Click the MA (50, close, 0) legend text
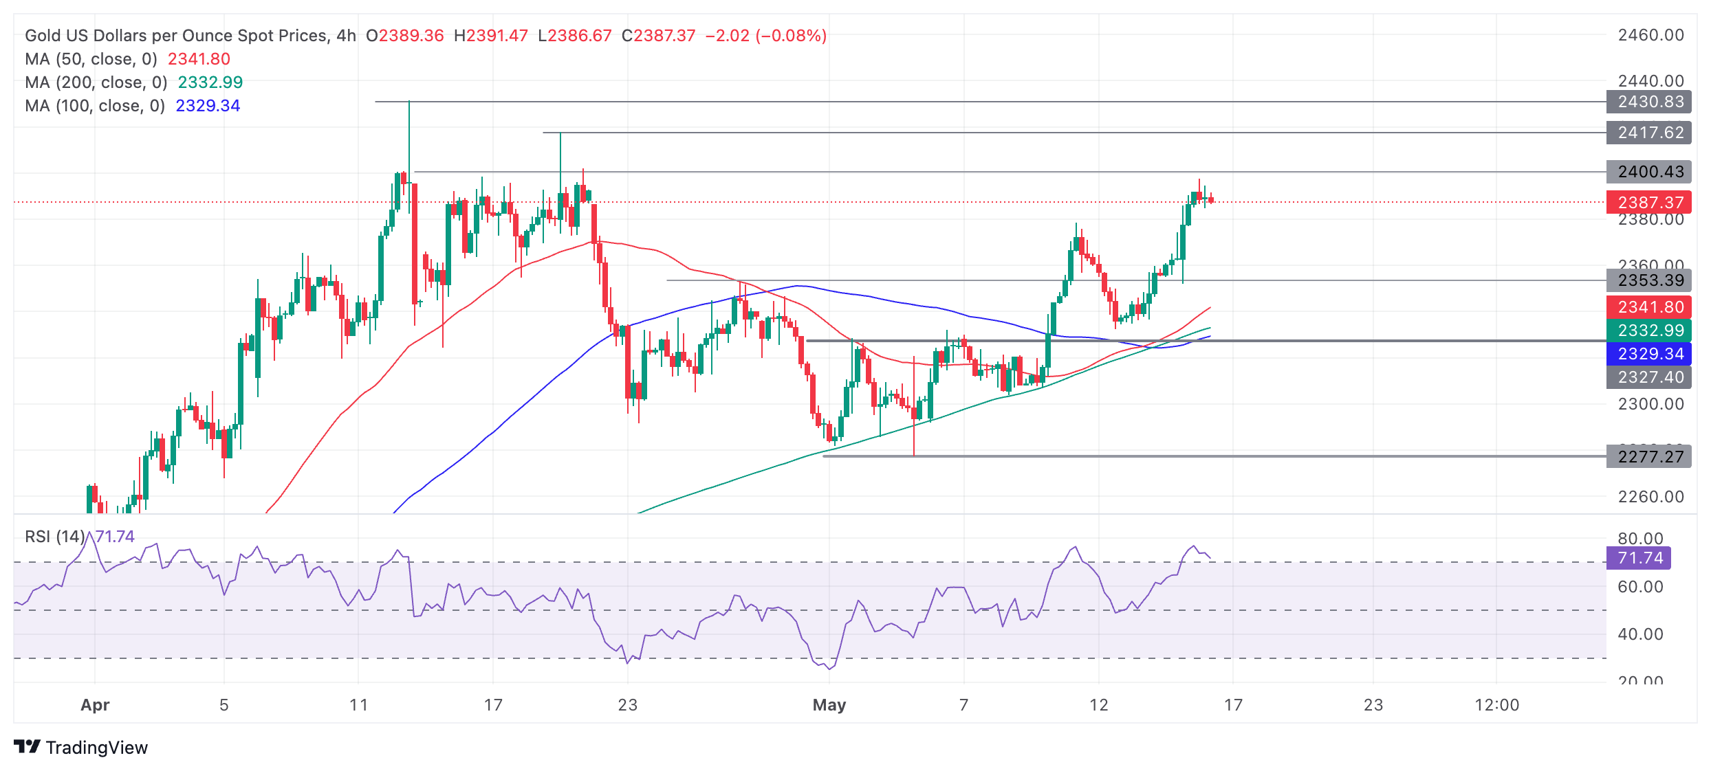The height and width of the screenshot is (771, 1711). click(x=91, y=59)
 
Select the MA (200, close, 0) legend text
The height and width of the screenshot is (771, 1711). click(x=96, y=82)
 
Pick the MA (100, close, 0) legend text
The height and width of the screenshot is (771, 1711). click(x=95, y=106)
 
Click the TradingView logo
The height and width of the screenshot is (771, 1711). click(x=80, y=748)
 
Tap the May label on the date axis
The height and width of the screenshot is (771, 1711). click(x=829, y=705)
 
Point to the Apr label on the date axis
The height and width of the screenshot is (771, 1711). click(x=95, y=705)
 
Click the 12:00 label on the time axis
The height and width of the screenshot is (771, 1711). click(x=1496, y=705)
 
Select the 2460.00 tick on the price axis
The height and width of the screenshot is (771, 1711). click(x=1650, y=35)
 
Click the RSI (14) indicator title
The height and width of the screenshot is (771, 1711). click(x=55, y=537)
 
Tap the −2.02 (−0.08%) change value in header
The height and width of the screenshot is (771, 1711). click(x=765, y=36)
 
